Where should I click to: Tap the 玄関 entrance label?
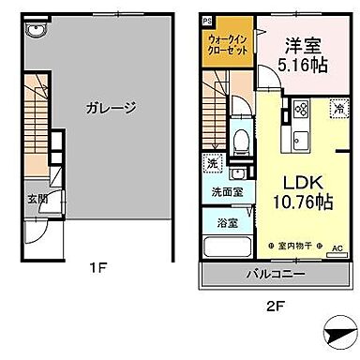click(x=35, y=200)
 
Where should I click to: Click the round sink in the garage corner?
click(x=35, y=29)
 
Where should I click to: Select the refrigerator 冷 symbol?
click(x=335, y=110)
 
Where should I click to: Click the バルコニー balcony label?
click(x=273, y=276)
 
